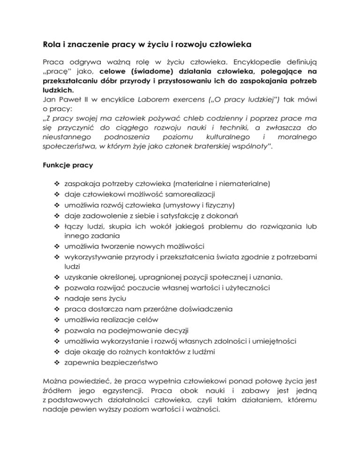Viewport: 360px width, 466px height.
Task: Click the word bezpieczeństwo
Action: click(128, 362)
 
